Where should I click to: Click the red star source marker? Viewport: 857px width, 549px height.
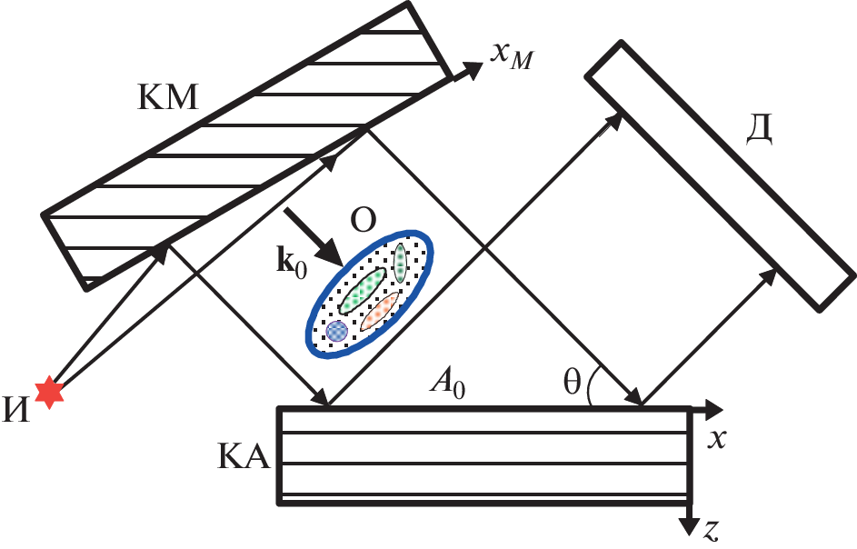49,394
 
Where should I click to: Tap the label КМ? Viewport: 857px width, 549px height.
167,97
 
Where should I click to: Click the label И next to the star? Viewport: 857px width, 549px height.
17,410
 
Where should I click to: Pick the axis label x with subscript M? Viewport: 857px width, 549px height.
512,56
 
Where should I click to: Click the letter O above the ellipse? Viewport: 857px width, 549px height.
363,223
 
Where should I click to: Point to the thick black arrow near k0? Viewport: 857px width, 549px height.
313,239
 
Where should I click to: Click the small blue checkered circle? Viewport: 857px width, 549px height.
337,331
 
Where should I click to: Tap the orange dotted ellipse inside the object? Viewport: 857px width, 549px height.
380,311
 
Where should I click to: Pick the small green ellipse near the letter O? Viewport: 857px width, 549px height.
398,264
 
